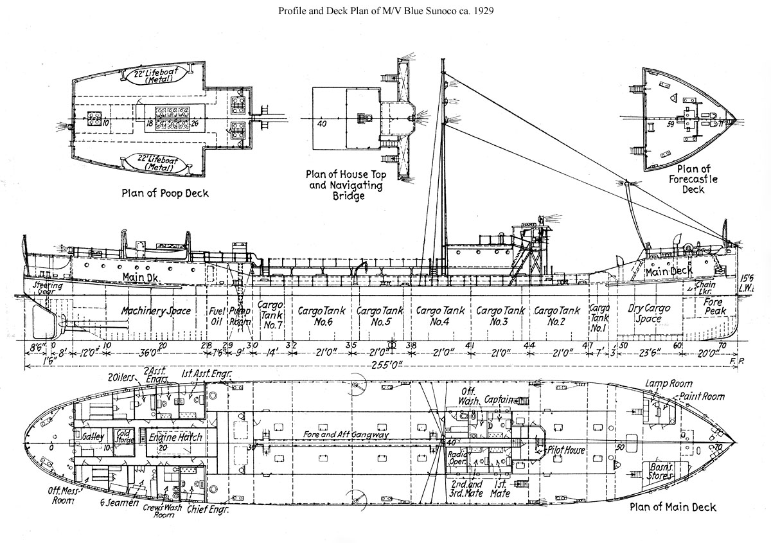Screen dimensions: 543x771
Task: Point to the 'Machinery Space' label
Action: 156,311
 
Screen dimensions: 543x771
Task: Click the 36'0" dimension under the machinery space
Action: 148,353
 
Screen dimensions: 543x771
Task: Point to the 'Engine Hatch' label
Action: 175,437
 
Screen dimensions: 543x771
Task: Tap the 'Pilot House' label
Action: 565,450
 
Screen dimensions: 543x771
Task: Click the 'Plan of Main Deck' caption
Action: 672,507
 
